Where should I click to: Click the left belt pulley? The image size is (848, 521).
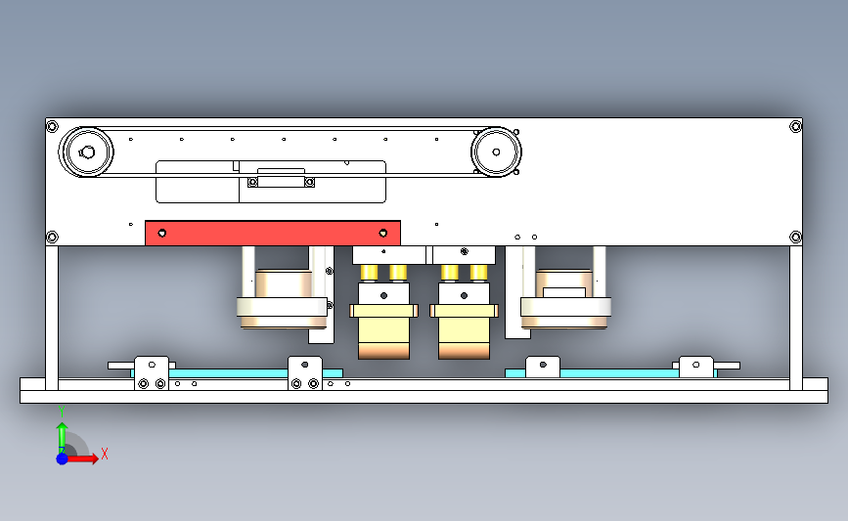[x=87, y=152]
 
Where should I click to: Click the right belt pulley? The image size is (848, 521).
[x=496, y=152]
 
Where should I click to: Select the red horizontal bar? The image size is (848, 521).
[x=272, y=234]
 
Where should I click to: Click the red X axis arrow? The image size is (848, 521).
[x=86, y=457]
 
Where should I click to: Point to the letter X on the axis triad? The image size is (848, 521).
[x=104, y=454]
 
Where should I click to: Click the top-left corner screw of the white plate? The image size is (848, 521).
[x=53, y=126]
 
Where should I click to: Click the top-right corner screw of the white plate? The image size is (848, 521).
[x=795, y=126]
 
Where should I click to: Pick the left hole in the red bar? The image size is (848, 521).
[x=162, y=234]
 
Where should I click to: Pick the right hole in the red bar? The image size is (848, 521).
[x=384, y=234]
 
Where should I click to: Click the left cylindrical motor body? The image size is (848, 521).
[x=283, y=299]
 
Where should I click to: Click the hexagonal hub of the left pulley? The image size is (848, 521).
[x=86, y=152]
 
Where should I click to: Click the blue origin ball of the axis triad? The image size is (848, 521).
[x=62, y=457]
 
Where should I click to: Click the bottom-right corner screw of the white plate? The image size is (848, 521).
[x=795, y=236]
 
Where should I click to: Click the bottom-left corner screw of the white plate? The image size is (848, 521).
[x=53, y=236]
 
